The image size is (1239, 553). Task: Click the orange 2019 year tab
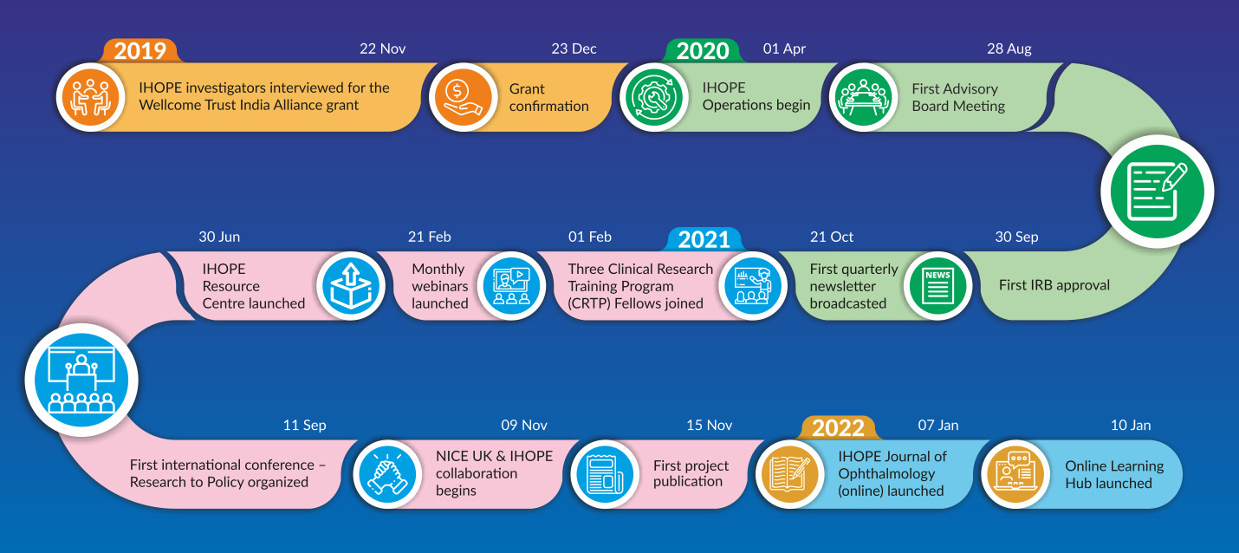(x=140, y=50)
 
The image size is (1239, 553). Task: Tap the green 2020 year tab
(x=703, y=50)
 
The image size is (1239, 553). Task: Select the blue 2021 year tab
(x=704, y=239)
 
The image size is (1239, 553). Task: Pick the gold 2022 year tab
(x=838, y=428)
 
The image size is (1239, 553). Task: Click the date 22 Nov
(x=383, y=49)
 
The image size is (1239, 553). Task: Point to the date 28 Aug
(x=1009, y=49)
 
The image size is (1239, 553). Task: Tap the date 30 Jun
(x=219, y=237)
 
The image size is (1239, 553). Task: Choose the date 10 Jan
(x=1131, y=425)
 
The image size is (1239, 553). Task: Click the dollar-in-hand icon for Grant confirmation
(x=463, y=97)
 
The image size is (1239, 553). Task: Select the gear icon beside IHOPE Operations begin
(x=653, y=97)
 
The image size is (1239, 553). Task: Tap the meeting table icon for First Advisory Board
(x=863, y=97)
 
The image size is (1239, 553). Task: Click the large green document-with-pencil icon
(x=1158, y=192)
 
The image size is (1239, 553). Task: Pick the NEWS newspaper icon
(x=937, y=286)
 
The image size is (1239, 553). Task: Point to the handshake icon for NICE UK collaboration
(x=387, y=474)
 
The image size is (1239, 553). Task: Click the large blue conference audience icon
(x=81, y=380)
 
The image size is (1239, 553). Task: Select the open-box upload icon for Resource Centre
(x=351, y=286)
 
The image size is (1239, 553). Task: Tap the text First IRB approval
(x=1054, y=285)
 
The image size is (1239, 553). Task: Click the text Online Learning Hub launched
(x=1114, y=474)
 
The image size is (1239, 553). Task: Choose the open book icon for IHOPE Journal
(x=789, y=474)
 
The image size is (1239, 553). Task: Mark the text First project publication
(x=691, y=473)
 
